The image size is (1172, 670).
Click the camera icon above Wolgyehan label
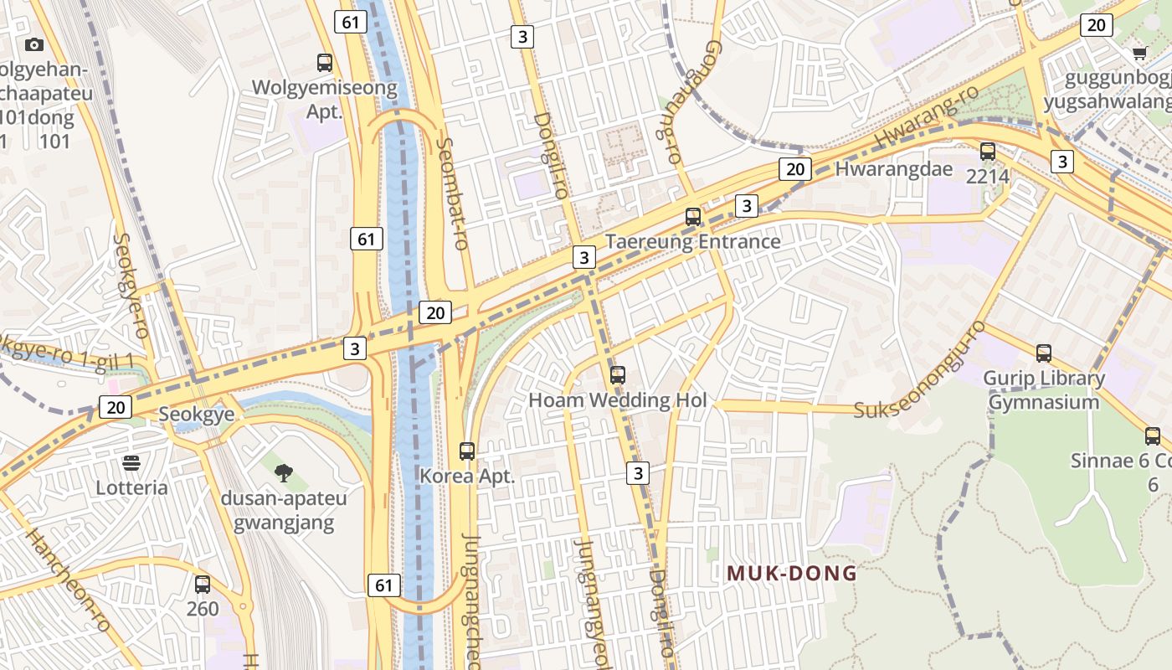[x=34, y=45]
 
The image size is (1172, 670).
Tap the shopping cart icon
[x=1139, y=54]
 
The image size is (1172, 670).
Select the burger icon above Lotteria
[x=131, y=462]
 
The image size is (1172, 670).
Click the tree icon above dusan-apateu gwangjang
[x=284, y=473]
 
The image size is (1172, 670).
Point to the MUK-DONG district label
[x=792, y=574]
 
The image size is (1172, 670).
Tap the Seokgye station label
[x=196, y=415]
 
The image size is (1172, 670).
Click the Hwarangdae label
[x=894, y=169]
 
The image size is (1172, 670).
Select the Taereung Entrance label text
[x=692, y=242]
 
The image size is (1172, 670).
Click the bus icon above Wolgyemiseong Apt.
[x=325, y=63]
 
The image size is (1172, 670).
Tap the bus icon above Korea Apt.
[x=467, y=451]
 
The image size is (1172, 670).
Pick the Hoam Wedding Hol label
[x=618, y=400]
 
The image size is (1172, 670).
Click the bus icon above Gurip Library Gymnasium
[x=1043, y=353]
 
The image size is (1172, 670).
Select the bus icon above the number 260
[x=203, y=585]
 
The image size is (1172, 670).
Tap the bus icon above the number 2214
[x=988, y=152]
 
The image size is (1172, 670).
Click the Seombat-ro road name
[x=453, y=194]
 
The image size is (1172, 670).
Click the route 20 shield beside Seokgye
[x=116, y=407]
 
